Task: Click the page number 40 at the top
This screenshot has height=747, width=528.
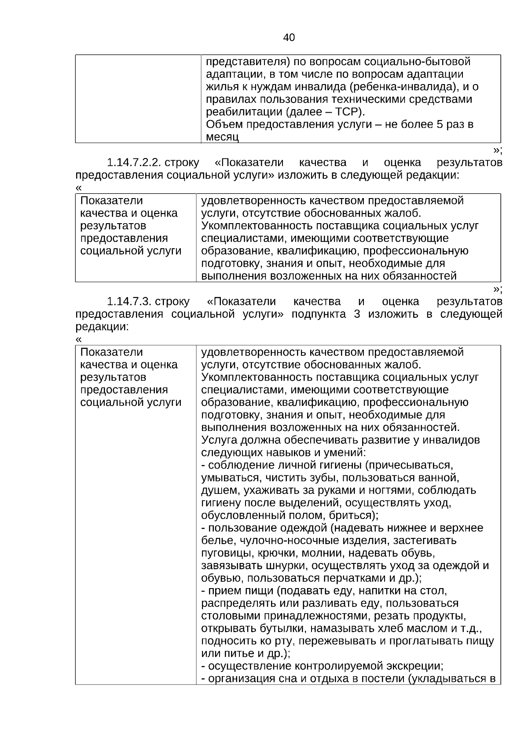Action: coord(289,38)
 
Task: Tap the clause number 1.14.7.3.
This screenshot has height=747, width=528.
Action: coord(129,302)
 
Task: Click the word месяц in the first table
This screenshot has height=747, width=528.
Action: coord(222,137)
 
